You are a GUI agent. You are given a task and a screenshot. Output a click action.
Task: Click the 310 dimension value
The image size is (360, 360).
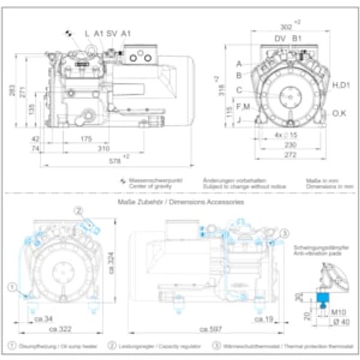103,148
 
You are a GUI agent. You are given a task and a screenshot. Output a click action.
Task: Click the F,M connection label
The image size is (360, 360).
243,106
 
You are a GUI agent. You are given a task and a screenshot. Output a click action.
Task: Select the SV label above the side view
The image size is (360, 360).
111,34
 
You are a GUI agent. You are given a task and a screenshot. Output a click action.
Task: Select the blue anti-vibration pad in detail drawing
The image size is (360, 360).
323,296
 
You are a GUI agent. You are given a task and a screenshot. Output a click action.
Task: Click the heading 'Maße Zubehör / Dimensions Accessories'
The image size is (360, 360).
181,203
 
